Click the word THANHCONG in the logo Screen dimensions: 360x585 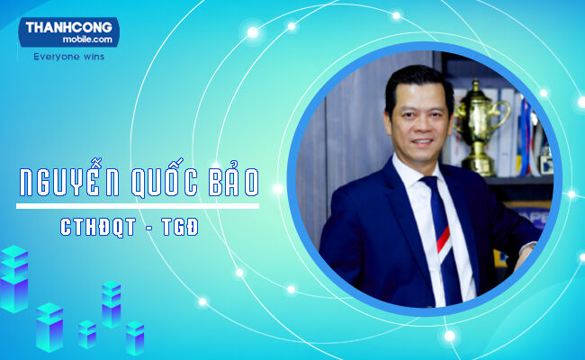coord(67,28)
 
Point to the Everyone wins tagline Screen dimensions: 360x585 coord(68,56)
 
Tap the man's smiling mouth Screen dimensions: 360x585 coord(421,139)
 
